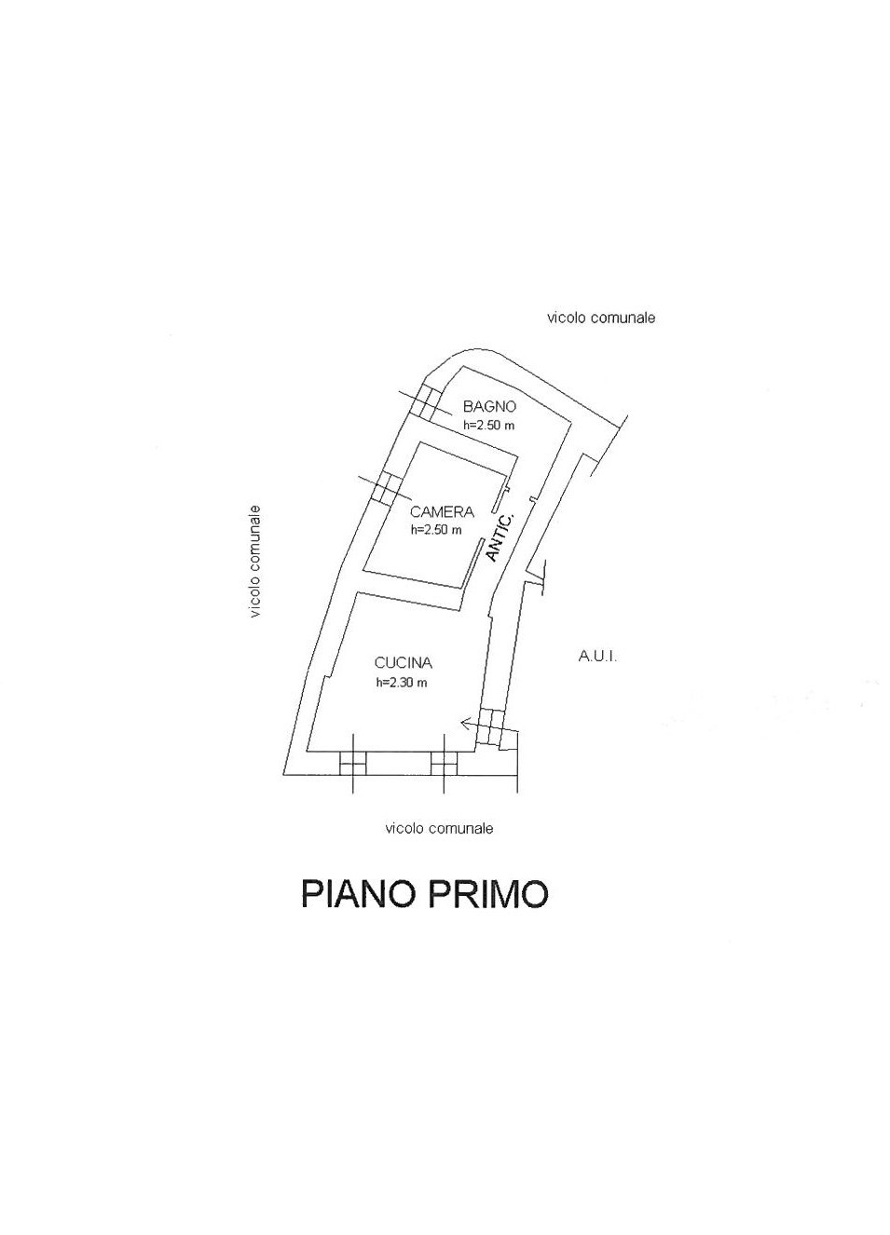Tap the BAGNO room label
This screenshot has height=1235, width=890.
[489, 407]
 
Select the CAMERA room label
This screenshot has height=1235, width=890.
[442, 512]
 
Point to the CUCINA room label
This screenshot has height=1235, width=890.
[403, 663]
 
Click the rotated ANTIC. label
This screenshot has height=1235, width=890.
[500, 537]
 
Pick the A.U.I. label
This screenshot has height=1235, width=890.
[597, 657]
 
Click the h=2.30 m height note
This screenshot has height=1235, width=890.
[402, 683]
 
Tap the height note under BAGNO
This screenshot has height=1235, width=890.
[489, 426]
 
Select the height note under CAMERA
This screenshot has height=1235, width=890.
[436, 530]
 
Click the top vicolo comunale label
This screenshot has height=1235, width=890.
[601, 319]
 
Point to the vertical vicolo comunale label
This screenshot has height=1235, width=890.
[255, 562]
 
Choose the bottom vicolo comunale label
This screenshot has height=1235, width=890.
[439, 828]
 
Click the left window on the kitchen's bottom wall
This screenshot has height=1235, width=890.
[352, 764]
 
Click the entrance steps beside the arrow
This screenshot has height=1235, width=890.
[491, 727]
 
